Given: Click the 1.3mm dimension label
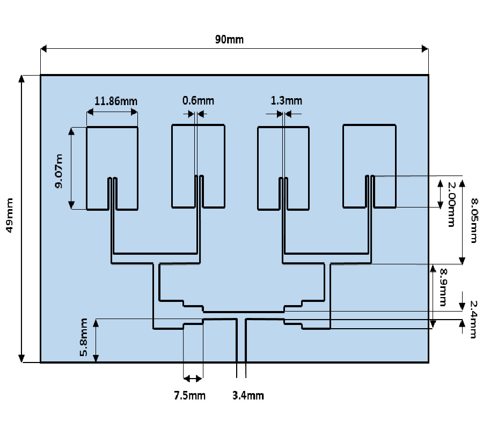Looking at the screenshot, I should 286,100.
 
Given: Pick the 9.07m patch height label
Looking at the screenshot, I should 58,171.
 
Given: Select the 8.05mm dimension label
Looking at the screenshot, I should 472,220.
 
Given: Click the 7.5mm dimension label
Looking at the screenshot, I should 189,396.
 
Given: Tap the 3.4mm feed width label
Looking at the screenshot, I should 248,396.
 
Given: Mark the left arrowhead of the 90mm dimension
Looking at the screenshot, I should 45,49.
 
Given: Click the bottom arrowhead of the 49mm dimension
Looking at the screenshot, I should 21,358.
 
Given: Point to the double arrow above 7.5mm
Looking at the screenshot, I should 193,378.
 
